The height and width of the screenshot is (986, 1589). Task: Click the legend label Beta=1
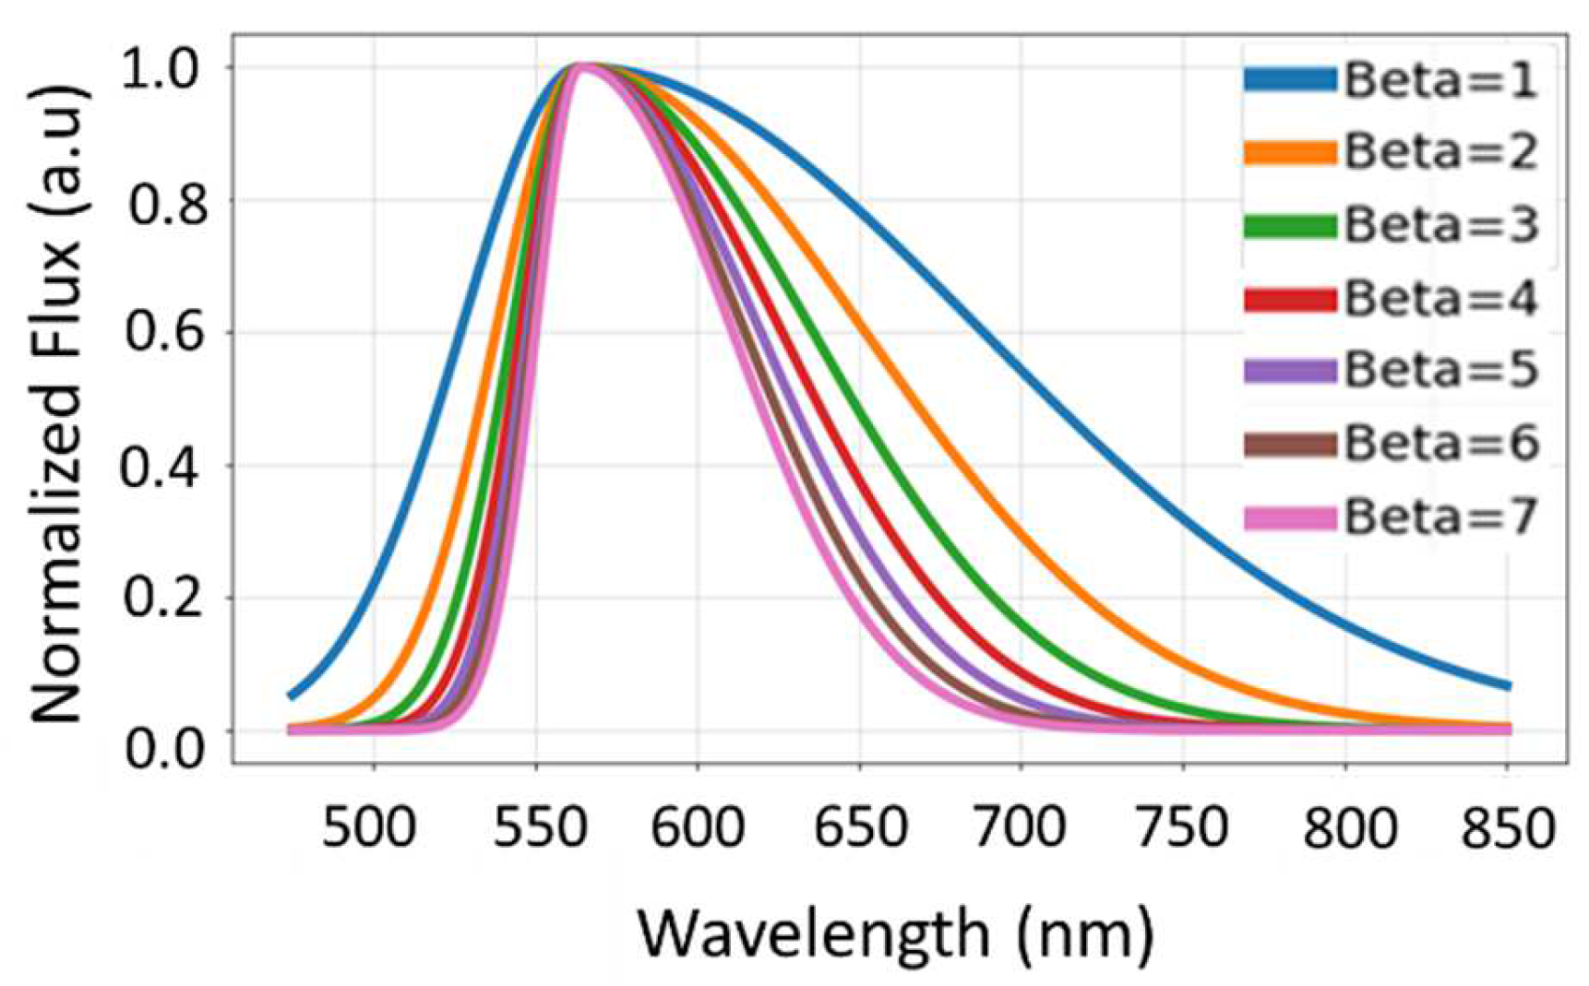(x=1440, y=80)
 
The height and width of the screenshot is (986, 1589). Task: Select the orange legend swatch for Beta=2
(x=1289, y=152)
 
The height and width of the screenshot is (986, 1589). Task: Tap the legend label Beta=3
(x=1440, y=226)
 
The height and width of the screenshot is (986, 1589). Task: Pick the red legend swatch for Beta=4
(x=1289, y=299)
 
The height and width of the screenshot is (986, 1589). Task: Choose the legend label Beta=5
(x=1440, y=370)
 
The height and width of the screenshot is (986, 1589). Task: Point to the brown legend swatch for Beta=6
(x=1289, y=445)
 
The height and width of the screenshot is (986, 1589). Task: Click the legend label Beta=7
(x=1440, y=517)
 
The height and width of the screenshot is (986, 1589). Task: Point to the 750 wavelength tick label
(x=1182, y=828)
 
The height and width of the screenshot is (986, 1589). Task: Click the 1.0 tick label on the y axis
(x=161, y=69)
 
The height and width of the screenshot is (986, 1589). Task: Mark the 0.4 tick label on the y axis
(x=161, y=467)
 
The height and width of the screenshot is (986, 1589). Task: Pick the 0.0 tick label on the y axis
(x=161, y=747)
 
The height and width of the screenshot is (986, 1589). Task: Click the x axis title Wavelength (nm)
(x=895, y=933)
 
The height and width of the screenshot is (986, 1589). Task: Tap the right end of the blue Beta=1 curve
(x=1508, y=685)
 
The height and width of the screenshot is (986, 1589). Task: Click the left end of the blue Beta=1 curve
(x=291, y=695)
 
